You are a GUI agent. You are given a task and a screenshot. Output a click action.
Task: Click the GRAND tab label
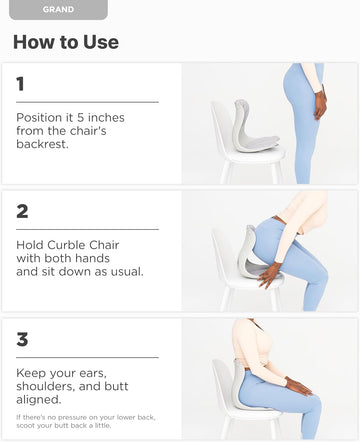coord(58,9)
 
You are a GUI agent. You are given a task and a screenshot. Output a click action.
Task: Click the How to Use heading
coord(66,42)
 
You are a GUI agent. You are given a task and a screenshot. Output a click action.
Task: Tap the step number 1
coord(20,84)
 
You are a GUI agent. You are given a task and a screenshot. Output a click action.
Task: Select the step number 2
coord(22,211)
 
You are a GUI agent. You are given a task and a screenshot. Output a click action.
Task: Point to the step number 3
coord(22,339)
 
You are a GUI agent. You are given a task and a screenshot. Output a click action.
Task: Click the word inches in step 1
coord(106,117)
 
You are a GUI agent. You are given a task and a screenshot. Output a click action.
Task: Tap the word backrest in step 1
coord(42,144)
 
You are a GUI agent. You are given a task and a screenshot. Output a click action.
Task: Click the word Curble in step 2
coord(67,245)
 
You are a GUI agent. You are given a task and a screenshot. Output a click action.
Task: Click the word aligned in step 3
coord(39,399)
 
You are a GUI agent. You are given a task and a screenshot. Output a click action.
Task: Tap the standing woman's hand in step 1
coord(321,104)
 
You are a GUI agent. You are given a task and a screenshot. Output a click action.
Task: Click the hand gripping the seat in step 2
coord(270,275)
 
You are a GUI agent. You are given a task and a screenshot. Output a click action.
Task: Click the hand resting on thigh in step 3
coord(298,386)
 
